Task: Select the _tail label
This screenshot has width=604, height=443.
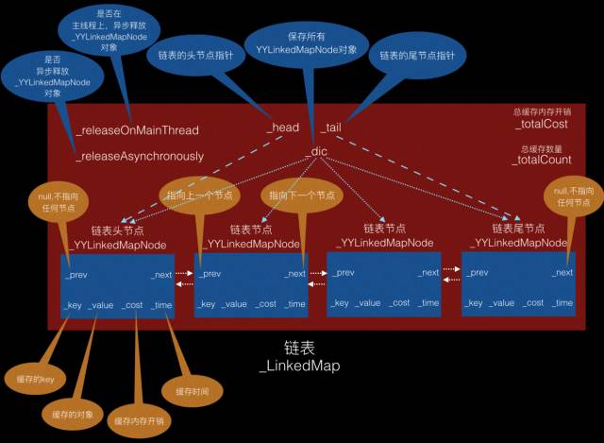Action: click(x=329, y=127)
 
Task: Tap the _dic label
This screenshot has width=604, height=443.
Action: click(x=318, y=151)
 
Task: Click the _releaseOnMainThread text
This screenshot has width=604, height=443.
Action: click(x=138, y=129)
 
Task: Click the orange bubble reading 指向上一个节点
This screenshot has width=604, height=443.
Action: click(x=199, y=196)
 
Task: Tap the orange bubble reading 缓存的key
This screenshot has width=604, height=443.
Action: click(x=35, y=377)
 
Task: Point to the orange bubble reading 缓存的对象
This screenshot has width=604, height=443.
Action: click(x=72, y=413)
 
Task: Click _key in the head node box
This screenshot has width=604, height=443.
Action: click(x=74, y=303)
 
